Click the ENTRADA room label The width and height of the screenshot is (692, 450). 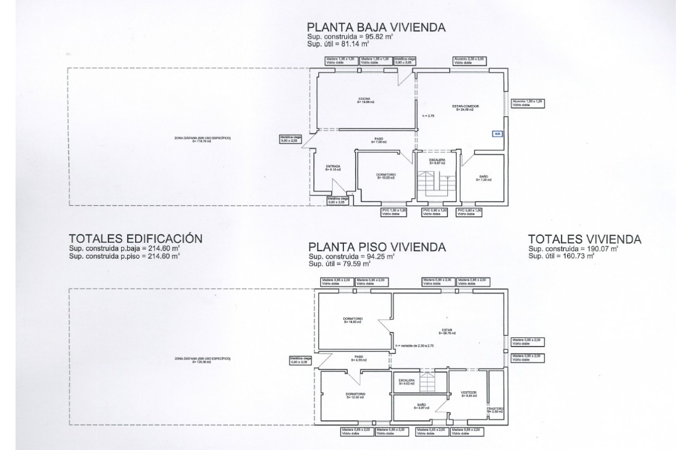click(x=333, y=167)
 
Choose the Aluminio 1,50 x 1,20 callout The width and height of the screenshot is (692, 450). click(x=528, y=103)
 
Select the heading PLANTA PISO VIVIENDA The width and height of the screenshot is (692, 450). click(x=377, y=247)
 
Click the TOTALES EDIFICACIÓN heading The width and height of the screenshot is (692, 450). click(x=136, y=239)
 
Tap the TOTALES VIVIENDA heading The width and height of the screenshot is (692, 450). click(x=585, y=239)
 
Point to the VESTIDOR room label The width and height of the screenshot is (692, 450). click(x=468, y=394)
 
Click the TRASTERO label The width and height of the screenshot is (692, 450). click(x=495, y=409)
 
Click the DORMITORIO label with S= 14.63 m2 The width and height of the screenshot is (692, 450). click(x=354, y=320)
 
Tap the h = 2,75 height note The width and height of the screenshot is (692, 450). click(x=428, y=116)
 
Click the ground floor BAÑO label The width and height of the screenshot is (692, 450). click(x=483, y=177)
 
